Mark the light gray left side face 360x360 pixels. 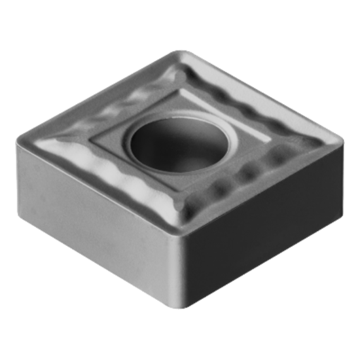92,216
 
